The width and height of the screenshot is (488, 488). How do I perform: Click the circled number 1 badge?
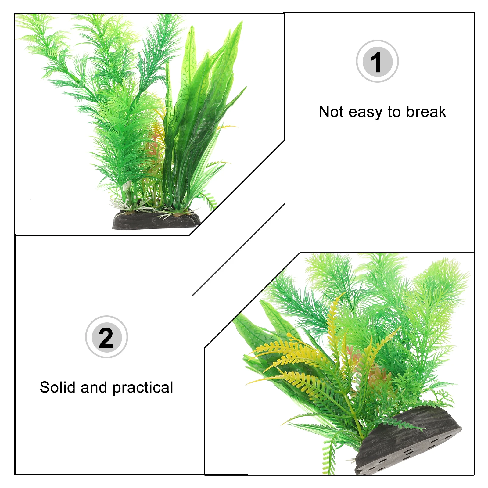click(x=377, y=61)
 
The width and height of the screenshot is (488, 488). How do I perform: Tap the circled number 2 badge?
click(x=106, y=337)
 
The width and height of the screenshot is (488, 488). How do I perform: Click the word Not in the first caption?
click(x=332, y=112)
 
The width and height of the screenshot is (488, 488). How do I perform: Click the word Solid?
click(x=58, y=387)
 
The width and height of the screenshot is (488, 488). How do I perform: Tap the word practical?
click(x=143, y=388)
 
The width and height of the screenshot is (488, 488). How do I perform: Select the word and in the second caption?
click(x=94, y=387)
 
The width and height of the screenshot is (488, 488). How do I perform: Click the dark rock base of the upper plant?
click(x=156, y=221)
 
